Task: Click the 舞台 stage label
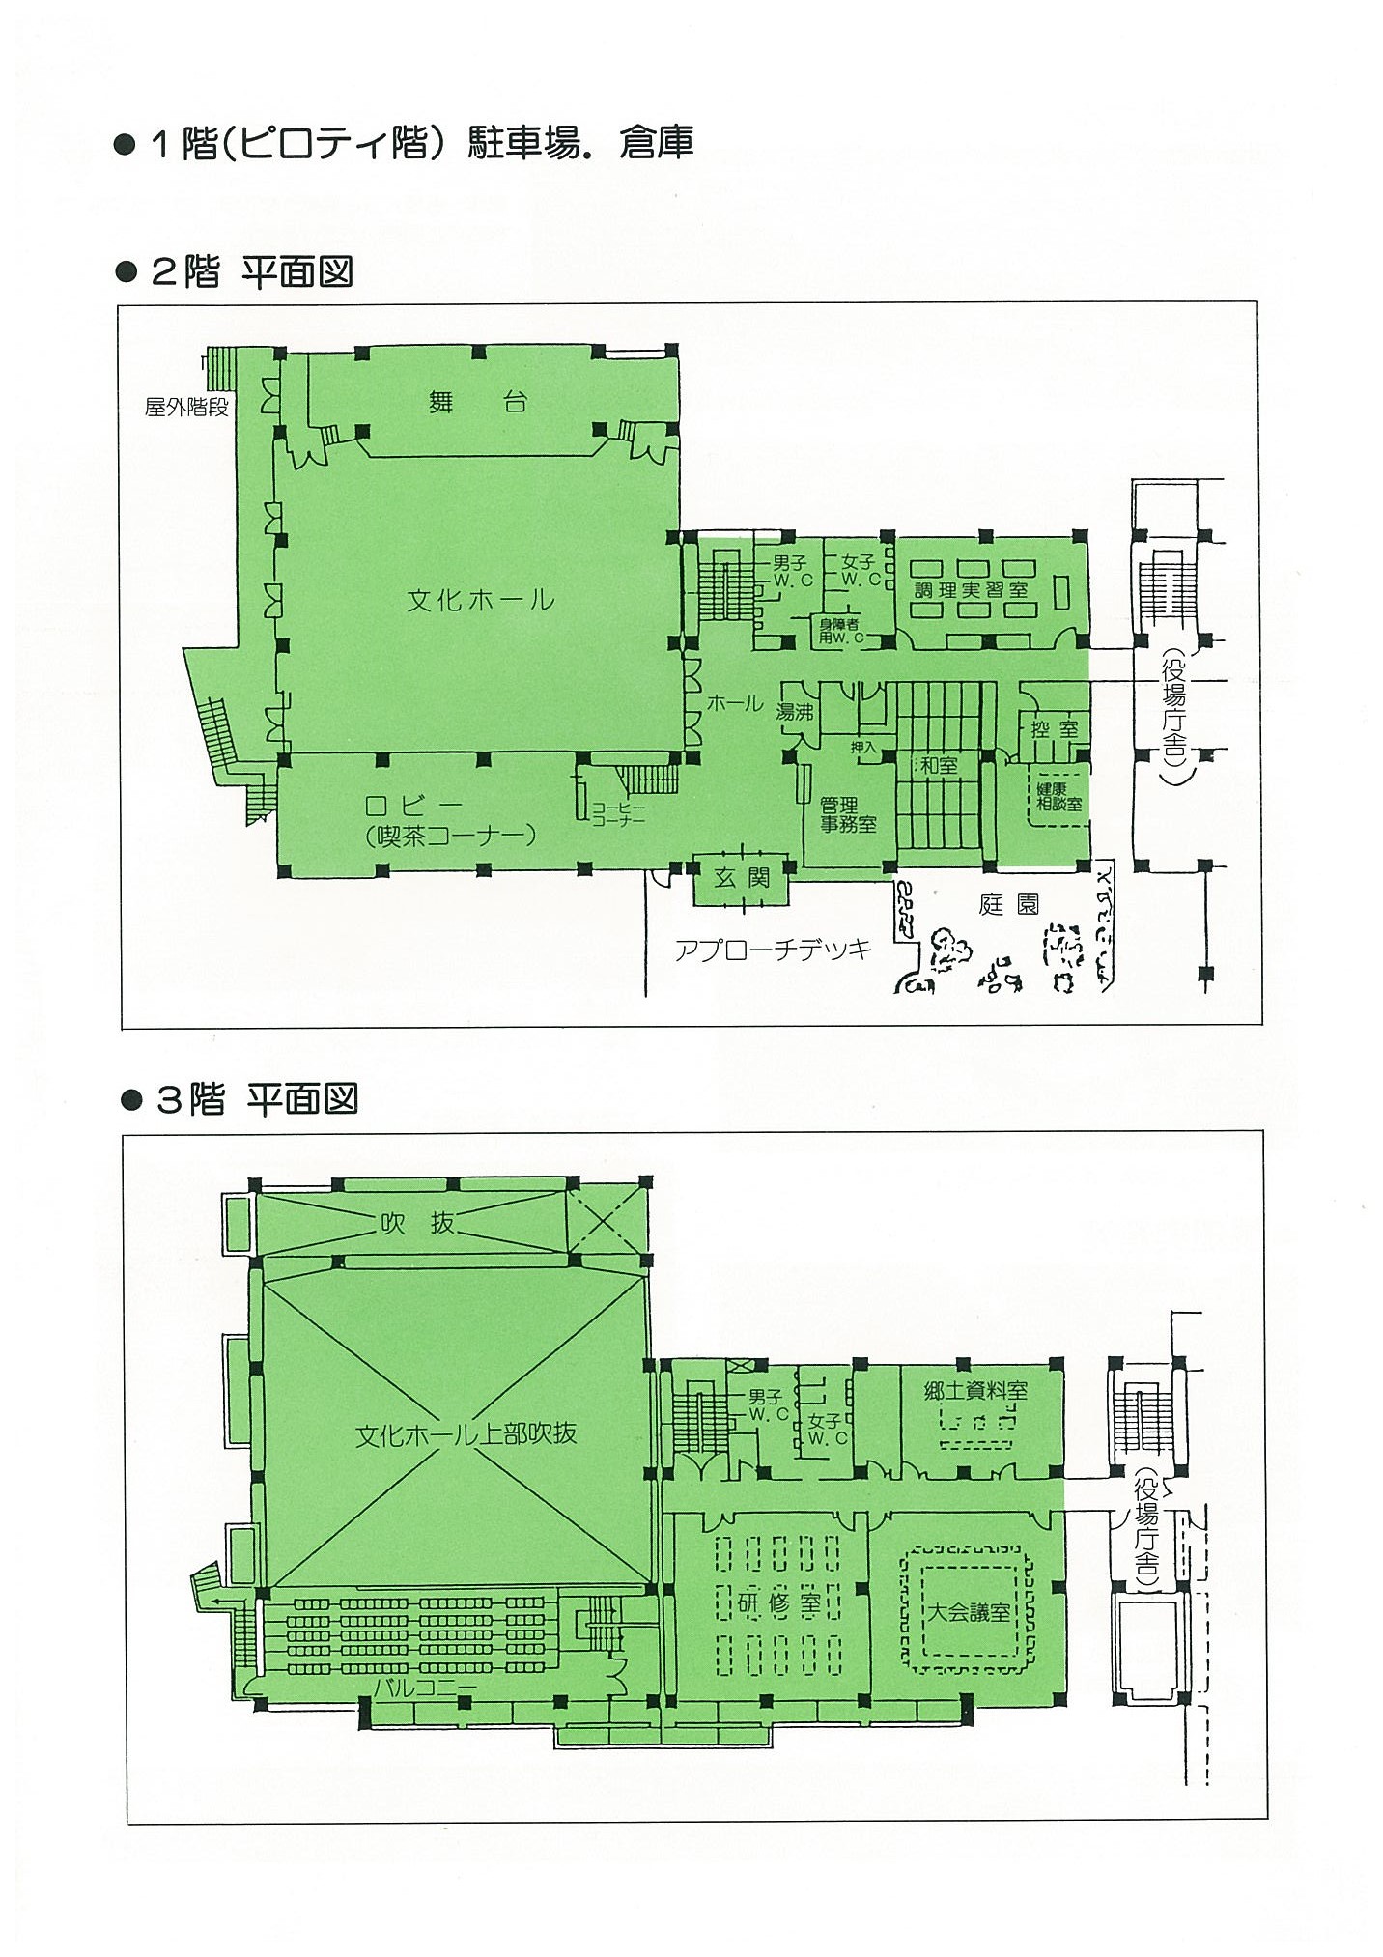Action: coord(477,401)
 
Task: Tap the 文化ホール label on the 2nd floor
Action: coord(480,600)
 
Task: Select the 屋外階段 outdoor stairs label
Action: coord(186,407)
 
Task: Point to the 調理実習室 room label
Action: coord(971,589)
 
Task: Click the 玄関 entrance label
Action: coord(741,879)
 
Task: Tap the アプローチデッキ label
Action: coord(773,950)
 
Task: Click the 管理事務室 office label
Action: coord(848,814)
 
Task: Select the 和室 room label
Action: coord(939,765)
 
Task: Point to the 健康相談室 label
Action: coord(1058,795)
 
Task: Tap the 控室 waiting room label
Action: coord(1054,729)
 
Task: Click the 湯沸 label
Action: coord(796,712)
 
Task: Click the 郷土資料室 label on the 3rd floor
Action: coord(975,1390)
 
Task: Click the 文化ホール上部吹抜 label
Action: coord(466,1433)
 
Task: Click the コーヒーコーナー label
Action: coord(618,813)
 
